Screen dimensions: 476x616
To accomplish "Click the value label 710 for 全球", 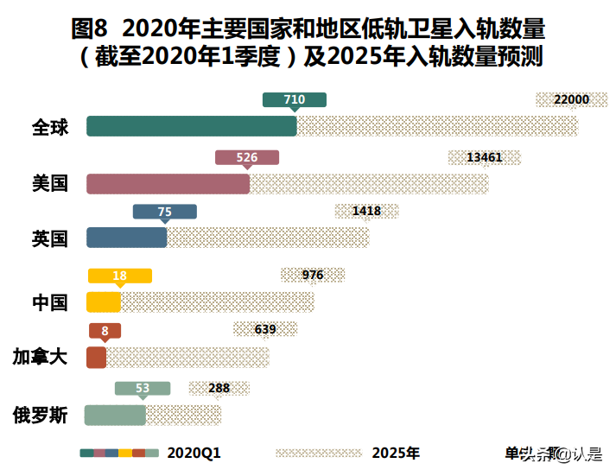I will (x=295, y=100).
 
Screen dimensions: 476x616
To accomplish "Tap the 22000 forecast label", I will (x=571, y=99).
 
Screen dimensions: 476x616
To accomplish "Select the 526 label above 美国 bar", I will (x=247, y=157).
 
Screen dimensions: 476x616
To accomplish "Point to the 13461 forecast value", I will (x=484, y=157).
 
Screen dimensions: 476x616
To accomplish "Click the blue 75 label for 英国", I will (x=165, y=212).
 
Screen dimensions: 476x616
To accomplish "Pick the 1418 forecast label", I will (x=366, y=211).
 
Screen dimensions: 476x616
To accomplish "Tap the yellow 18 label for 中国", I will (x=120, y=276).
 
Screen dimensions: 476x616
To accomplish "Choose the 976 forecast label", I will (x=313, y=275).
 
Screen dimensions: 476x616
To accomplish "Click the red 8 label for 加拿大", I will (x=105, y=331).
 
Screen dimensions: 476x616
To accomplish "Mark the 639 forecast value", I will (x=265, y=329).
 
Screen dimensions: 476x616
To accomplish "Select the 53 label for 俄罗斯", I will (x=143, y=389).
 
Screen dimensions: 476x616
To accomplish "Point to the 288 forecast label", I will (x=219, y=388).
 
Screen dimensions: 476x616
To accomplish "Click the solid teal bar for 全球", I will (x=191, y=126).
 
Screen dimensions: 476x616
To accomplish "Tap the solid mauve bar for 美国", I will (x=168, y=183).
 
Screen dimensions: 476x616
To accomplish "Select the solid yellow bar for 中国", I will (x=104, y=301).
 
